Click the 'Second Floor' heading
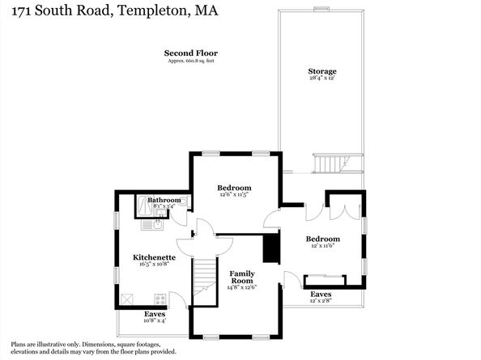coord(191,53)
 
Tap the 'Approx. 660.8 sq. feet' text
coord(191,61)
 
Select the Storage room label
coord(321,72)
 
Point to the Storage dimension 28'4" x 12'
coord(321,79)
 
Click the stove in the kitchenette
coord(160,299)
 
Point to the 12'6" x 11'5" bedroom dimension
coord(234,194)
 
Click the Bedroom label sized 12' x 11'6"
coord(322,239)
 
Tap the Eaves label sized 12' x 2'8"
coord(321,294)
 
